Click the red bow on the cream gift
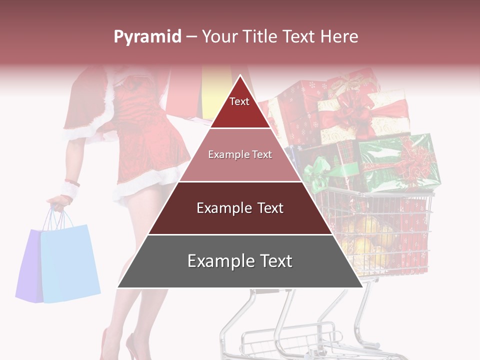(x=352, y=112)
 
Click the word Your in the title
(x=218, y=36)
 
